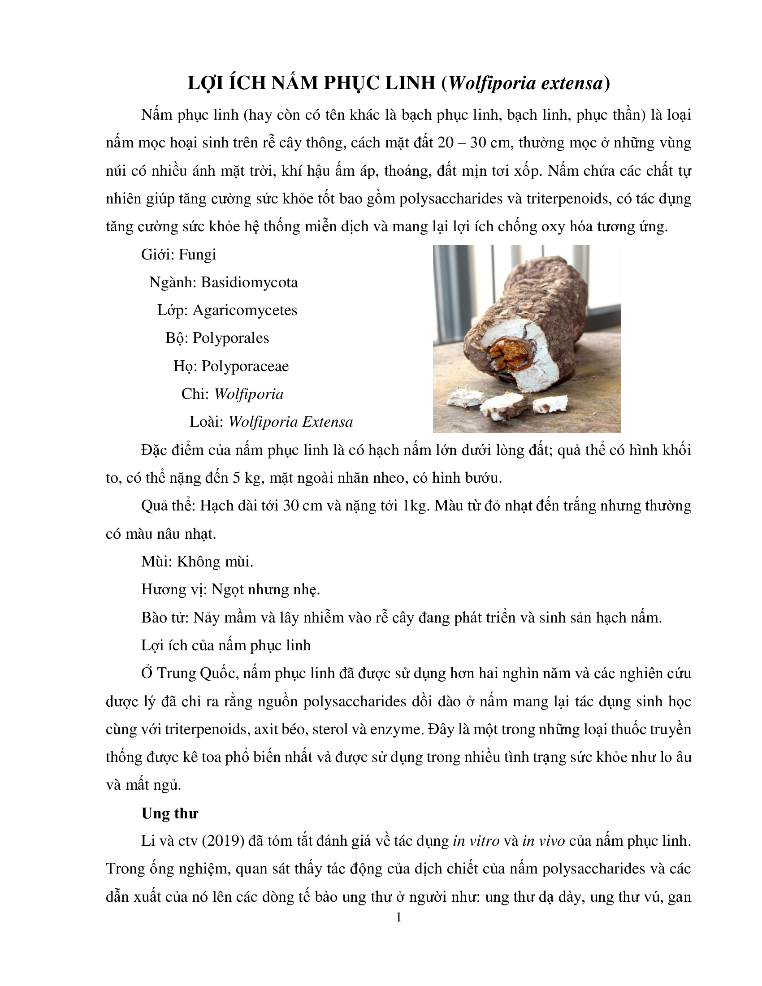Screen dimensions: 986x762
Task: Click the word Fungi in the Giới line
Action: point(197,255)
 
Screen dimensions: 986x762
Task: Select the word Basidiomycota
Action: point(249,283)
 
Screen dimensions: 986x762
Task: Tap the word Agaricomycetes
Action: point(245,311)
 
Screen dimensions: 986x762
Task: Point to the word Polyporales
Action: point(231,338)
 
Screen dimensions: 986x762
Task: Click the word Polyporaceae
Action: point(245,366)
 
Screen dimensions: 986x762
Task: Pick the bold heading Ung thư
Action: point(170,813)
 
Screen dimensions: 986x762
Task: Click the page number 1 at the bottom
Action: point(398,917)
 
